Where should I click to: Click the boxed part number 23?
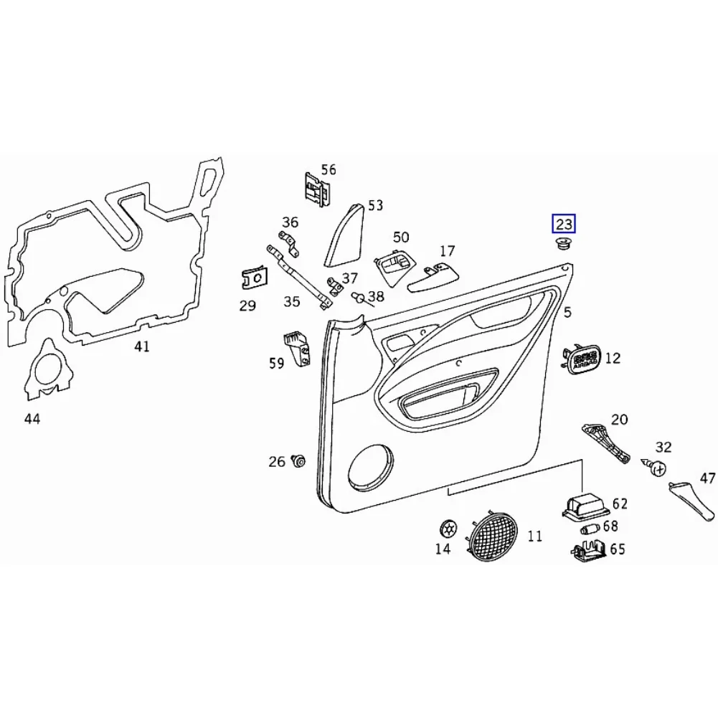point(563,225)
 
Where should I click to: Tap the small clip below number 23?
point(563,245)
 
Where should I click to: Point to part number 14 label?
point(443,549)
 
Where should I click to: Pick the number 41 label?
point(142,347)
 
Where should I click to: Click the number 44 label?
point(32,419)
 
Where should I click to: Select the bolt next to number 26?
point(298,461)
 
